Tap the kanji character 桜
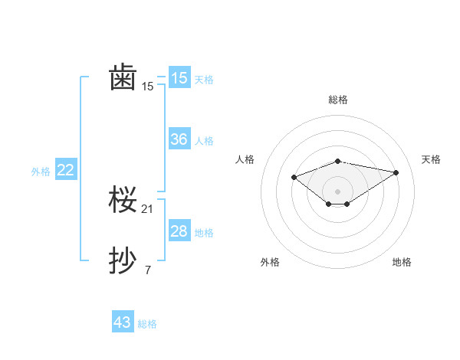click(x=123, y=201)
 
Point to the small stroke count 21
click(x=148, y=208)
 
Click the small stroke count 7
click(x=148, y=270)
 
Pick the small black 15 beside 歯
click(x=148, y=86)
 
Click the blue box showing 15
click(x=179, y=78)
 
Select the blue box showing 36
click(x=179, y=139)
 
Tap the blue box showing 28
click(x=179, y=231)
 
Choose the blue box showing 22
click(x=66, y=171)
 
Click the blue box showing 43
click(x=123, y=322)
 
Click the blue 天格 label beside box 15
click(x=204, y=80)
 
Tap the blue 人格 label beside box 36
click(x=204, y=141)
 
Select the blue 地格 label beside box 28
click(x=204, y=233)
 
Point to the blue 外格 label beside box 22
click(x=41, y=172)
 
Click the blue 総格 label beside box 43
click(x=147, y=324)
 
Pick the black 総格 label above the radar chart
click(x=338, y=100)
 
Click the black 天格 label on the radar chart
click(x=432, y=159)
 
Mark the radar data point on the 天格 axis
click(x=396, y=172)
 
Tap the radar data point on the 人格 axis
click(x=294, y=177)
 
